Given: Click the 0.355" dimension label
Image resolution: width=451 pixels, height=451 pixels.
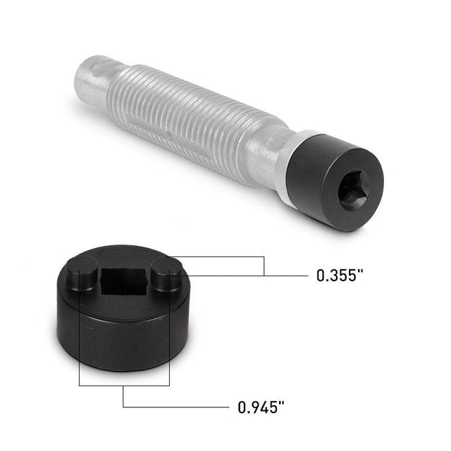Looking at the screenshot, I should pos(340,276).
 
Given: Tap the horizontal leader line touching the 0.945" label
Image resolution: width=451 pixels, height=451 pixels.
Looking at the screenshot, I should pos(176,407).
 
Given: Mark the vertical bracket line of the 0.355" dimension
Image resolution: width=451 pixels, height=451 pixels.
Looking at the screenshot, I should pos(264,266).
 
